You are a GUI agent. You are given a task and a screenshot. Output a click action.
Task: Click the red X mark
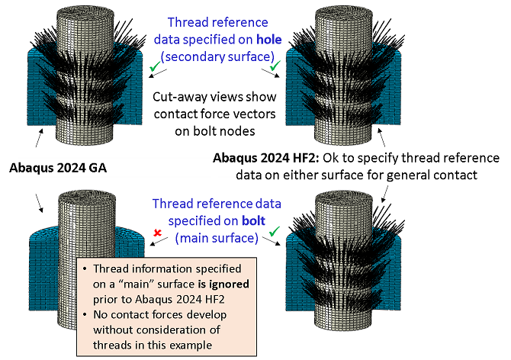pos(157,230)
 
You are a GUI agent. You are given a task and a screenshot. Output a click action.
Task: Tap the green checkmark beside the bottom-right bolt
pos(272,230)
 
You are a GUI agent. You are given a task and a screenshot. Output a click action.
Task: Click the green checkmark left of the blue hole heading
pos(157,68)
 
